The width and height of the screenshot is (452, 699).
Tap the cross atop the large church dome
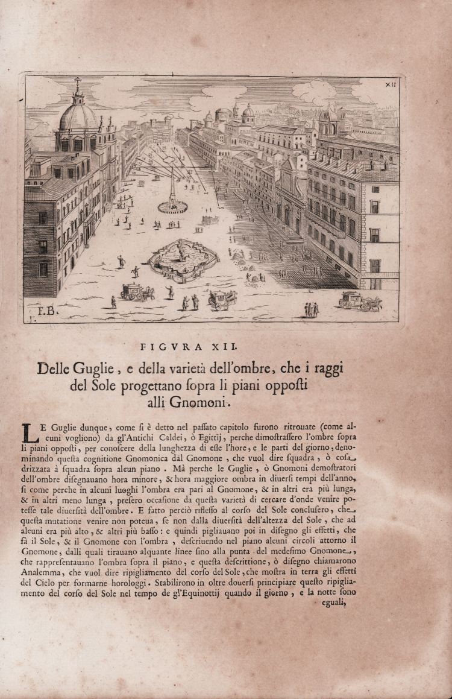[x=77, y=82]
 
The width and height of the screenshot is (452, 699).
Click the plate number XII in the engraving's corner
[x=390, y=85]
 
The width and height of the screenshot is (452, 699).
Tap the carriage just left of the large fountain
[x=137, y=292]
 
